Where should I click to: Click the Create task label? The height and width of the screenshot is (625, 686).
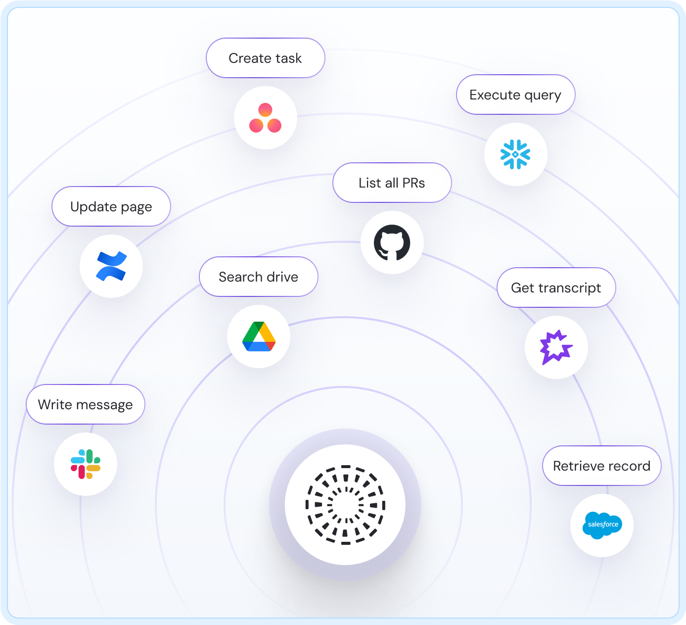pos(265,58)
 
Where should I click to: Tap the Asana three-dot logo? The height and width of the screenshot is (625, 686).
pos(265,118)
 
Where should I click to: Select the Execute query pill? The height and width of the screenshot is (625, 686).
pos(515,95)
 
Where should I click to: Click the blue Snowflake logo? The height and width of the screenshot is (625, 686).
pos(515,154)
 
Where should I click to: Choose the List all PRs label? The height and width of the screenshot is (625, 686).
pos(392,183)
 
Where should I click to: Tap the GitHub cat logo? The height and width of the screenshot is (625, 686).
pos(392,242)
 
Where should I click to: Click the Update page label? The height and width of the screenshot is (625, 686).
pos(111,207)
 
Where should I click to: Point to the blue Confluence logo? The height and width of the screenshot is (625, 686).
pos(111,266)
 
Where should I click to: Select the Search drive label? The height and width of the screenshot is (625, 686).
pos(258,277)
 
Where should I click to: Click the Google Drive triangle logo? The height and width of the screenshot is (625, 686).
pos(259,337)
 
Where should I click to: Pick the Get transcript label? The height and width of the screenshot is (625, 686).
pos(556,288)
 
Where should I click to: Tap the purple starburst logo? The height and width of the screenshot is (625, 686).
pos(556,347)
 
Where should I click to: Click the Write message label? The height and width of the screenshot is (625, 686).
pos(85,405)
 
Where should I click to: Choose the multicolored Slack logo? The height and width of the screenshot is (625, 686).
pos(86,464)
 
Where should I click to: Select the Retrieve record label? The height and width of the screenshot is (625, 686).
pos(601,466)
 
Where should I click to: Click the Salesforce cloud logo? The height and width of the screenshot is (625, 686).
pos(602,525)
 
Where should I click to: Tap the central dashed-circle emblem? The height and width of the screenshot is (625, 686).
pos(345,505)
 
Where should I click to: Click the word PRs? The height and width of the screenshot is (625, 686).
pos(413,183)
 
